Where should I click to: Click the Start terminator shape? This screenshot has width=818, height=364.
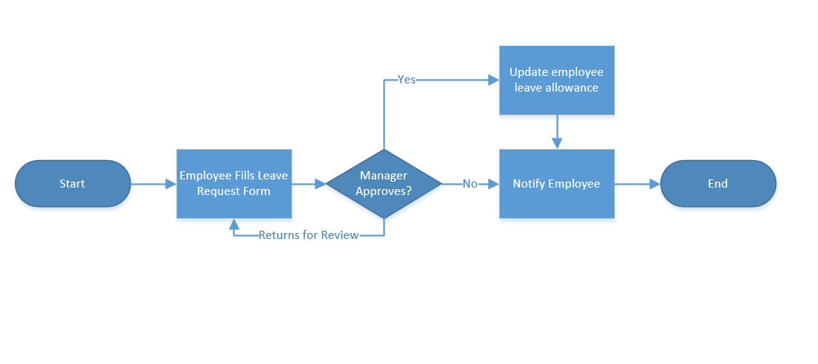pos(72,184)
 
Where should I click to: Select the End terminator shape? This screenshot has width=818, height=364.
pos(718,184)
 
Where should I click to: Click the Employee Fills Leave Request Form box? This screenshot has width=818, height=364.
pos(234,184)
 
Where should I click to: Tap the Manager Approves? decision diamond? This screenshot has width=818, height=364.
pos(384,184)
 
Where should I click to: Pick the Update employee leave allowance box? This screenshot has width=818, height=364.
pos(556,80)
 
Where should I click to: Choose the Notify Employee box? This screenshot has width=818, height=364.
pos(556,184)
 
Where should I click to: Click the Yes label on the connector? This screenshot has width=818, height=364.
pos(407,79)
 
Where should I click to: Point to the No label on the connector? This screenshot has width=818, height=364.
pos(470,184)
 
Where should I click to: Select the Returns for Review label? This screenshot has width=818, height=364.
pos(309,235)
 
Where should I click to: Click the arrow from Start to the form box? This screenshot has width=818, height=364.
pos(153,184)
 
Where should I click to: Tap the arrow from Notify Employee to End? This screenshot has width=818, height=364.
pos(637,184)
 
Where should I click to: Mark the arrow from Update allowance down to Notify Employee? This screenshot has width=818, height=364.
pos(556,132)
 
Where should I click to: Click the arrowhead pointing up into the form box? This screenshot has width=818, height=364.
pos(234,223)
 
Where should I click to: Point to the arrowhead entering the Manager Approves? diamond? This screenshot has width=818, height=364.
pos(321,184)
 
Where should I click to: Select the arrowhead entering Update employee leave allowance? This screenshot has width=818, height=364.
pos(493,79)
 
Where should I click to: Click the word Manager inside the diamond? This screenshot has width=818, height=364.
pos(384,176)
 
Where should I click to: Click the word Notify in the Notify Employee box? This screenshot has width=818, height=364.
pos(529,184)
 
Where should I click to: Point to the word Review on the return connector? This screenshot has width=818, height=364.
pos(340,235)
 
